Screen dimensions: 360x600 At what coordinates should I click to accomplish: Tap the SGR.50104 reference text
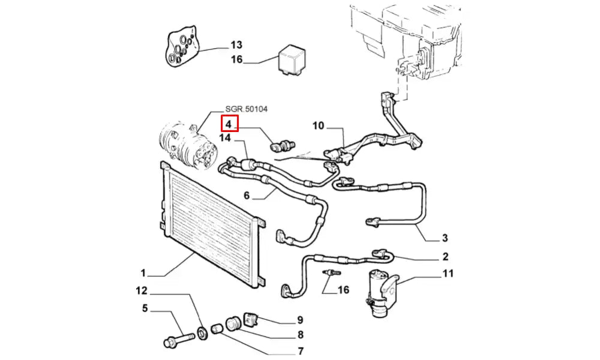(246, 109)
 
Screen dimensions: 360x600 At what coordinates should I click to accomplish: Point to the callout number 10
(318, 125)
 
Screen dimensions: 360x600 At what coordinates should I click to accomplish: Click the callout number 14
(225, 138)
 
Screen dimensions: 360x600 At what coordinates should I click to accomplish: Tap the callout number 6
(246, 195)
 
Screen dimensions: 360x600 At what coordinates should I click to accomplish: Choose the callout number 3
(445, 238)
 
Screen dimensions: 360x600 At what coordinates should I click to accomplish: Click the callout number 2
(445, 257)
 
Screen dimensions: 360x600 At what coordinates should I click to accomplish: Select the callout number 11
(448, 274)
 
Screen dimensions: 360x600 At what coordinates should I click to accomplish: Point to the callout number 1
(143, 273)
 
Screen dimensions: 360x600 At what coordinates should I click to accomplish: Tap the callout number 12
(141, 292)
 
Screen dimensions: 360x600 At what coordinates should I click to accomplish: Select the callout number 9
(299, 320)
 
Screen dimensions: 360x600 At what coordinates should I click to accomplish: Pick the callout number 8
(299, 335)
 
